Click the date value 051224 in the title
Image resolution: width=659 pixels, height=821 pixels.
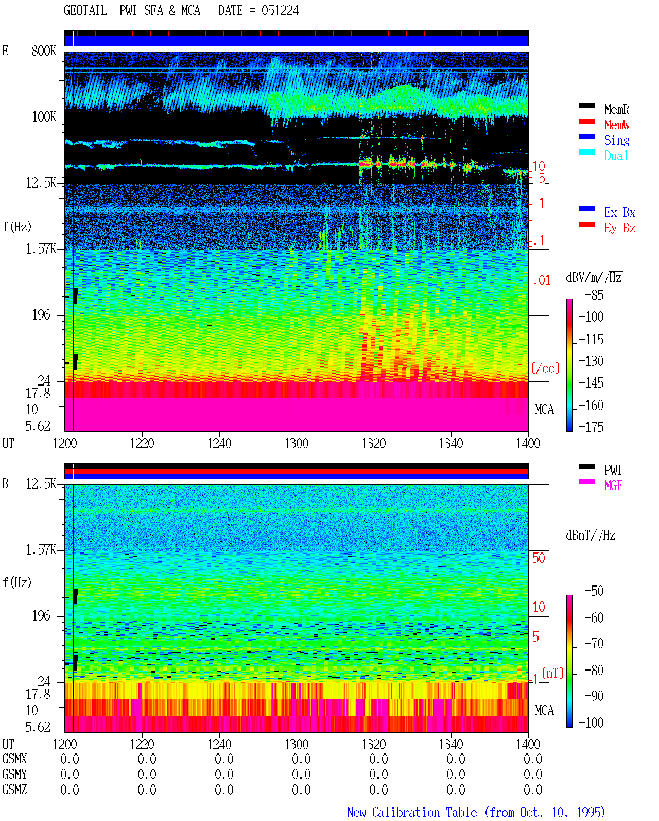pyautogui.click(x=280, y=11)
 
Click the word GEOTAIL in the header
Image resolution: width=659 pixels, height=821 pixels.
pyautogui.click(x=85, y=11)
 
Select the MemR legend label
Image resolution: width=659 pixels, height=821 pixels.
pyautogui.click(x=616, y=109)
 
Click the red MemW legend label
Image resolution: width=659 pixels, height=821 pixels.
pyautogui.click(x=617, y=125)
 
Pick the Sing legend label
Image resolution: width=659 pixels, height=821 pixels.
pyautogui.click(x=617, y=140)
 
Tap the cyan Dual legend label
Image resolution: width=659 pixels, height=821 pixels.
pyautogui.click(x=616, y=156)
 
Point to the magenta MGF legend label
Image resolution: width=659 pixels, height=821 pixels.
pyautogui.click(x=613, y=485)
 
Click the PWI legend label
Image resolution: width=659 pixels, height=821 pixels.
pyautogui.click(x=613, y=470)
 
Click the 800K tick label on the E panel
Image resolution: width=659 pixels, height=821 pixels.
pyautogui.click(x=44, y=51)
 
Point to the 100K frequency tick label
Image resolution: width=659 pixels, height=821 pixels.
pyautogui.click(x=44, y=117)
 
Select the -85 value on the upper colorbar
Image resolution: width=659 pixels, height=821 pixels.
pyautogui.click(x=594, y=295)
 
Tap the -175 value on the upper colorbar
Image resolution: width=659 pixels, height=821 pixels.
pyautogui.click(x=591, y=427)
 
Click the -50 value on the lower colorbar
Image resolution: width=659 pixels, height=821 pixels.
pyautogui.click(x=594, y=591)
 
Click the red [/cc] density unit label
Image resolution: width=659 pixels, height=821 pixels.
pyautogui.click(x=545, y=368)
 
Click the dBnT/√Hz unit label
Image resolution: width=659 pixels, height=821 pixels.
pyautogui.click(x=591, y=535)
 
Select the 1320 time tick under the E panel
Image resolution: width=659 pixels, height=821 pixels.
pyautogui.click(x=374, y=444)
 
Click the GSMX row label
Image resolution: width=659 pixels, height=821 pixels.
pyautogui.click(x=14, y=759)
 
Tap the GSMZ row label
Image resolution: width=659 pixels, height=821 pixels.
pyautogui.click(x=14, y=790)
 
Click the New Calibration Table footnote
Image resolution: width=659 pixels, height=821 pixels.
pyautogui.click(x=476, y=812)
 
